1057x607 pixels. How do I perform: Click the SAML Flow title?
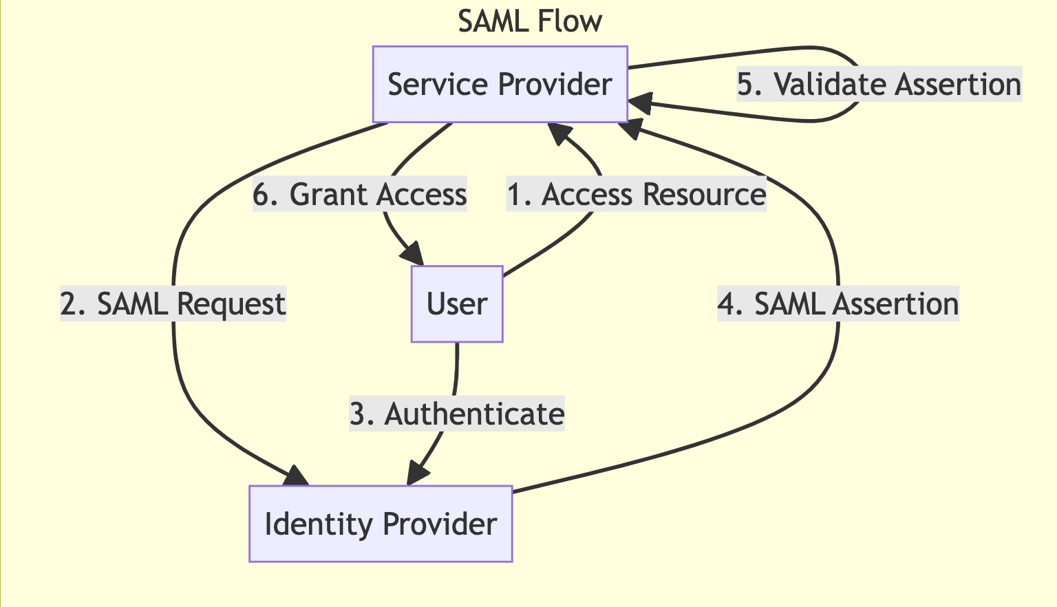(x=529, y=21)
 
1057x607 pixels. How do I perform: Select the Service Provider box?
(x=500, y=84)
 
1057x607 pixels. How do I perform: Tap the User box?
(x=457, y=303)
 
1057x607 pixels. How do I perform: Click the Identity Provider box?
(x=381, y=524)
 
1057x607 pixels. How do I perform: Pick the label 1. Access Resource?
(x=636, y=195)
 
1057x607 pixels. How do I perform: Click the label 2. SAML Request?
(x=173, y=304)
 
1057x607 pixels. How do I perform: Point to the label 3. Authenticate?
(x=457, y=414)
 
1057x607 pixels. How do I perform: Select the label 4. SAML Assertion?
(x=837, y=304)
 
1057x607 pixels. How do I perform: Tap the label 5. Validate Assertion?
(x=879, y=85)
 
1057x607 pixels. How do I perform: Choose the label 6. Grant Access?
(x=359, y=195)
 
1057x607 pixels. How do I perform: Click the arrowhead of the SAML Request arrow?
(x=298, y=477)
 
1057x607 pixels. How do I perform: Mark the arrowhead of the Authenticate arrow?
(x=417, y=475)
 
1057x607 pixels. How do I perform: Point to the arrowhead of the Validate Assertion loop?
(x=639, y=103)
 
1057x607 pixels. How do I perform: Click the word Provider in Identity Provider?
(x=439, y=524)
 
